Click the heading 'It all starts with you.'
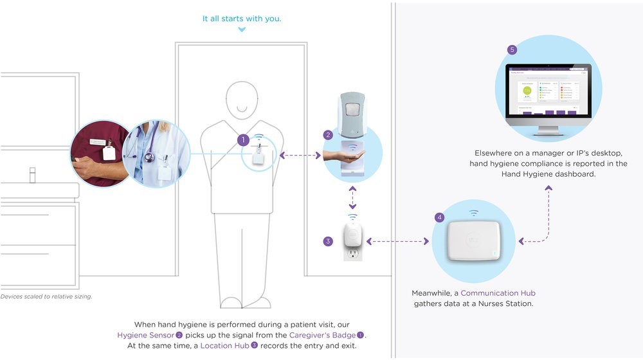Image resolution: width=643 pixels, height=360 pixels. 242,19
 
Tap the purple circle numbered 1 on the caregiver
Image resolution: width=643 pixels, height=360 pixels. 242,139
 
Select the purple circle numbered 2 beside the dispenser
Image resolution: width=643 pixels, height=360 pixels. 328,135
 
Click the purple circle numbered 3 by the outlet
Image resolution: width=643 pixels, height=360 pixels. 328,242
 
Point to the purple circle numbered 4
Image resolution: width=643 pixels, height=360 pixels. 440,217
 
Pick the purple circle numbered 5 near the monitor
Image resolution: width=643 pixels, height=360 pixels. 512,50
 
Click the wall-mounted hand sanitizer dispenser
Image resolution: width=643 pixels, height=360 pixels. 351,116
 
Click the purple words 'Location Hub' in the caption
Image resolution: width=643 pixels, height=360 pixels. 224,346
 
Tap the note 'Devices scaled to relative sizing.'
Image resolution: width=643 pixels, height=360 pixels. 46,296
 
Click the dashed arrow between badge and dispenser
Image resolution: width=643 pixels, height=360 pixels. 301,155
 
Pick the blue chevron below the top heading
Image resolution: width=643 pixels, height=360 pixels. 242,30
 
